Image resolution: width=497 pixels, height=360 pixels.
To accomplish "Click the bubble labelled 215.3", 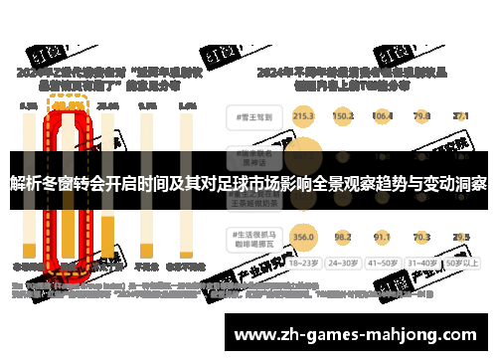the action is pyautogui.click(x=304, y=116).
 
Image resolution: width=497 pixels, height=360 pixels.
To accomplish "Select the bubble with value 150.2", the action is pyautogui.click(x=344, y=116).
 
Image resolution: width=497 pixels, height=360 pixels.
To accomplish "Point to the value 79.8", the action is pyautogui.click(x=421, y=116).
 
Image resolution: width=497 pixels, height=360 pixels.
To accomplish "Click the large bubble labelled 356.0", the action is pyautogui.click(x=304, y=238).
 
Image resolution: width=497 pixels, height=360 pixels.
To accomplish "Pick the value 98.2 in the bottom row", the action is pyautogui.click(x=344, y=238).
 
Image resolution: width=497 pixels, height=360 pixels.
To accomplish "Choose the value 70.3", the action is pyautogui.click(x=421, y=238).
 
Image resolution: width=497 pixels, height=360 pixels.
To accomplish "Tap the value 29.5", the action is pyautogui.click(x=460, y=238).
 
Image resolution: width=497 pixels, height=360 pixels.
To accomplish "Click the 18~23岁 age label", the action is pyautogui.click(x=304, y=265).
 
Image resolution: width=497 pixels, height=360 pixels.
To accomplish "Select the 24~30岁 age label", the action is pyautogui.click(x=344, y=265).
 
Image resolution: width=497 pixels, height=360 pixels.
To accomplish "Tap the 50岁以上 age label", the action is pyautogui.click(x=460, y=265).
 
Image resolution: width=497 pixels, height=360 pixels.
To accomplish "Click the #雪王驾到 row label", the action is pyautogui.click(x=250, y=116).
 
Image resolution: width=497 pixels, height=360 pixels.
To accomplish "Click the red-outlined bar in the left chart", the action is pyautogui.click(x=69, y=189).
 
